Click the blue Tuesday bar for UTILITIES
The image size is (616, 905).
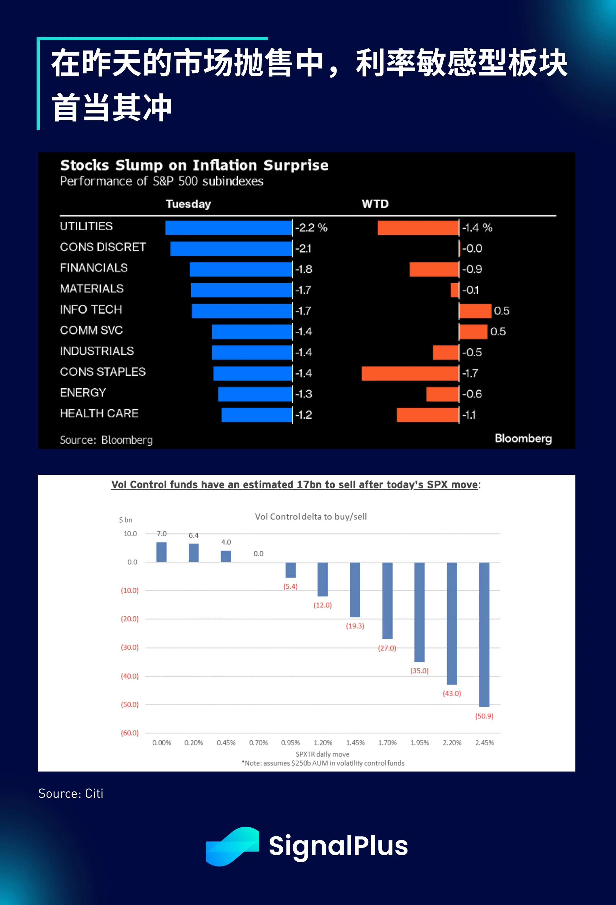tap(228, 228)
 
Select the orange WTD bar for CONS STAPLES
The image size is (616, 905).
tap(410, 373)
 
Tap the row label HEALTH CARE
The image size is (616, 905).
tap(99, 413)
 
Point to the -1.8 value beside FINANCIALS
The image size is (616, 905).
tap(304, 269)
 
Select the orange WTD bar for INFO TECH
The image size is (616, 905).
tap(475, 311)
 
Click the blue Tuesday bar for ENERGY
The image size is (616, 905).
tap(255, 394)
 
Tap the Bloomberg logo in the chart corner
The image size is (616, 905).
tap(523, 439)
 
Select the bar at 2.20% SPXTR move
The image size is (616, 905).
tap(452, 623)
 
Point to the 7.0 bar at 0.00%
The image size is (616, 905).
tap(161, 552)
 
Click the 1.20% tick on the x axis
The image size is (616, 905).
tap(323, 743)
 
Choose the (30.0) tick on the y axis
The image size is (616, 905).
tap(130, 647)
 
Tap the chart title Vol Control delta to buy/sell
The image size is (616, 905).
tap(311, 517)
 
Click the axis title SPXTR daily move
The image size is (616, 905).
tap(322, 754)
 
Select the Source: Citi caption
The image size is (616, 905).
tap(71, 794)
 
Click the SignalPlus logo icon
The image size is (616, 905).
tap(232, 846)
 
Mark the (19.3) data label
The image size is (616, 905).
tap(355, 626)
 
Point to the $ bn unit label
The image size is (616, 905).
tap(125, 520)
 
